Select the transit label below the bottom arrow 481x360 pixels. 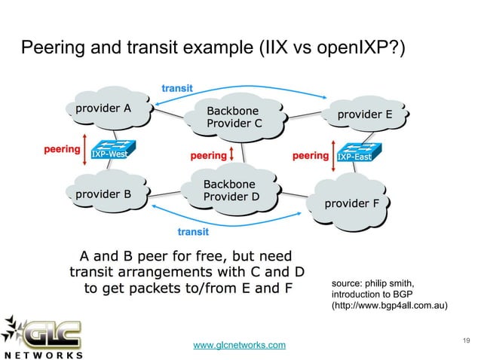click(193, 231)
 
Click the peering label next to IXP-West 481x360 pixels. click(60, 149)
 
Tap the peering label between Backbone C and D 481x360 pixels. click(208, 156)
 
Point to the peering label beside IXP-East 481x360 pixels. click(310, 156)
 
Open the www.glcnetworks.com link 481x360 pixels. click(240, 345)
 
